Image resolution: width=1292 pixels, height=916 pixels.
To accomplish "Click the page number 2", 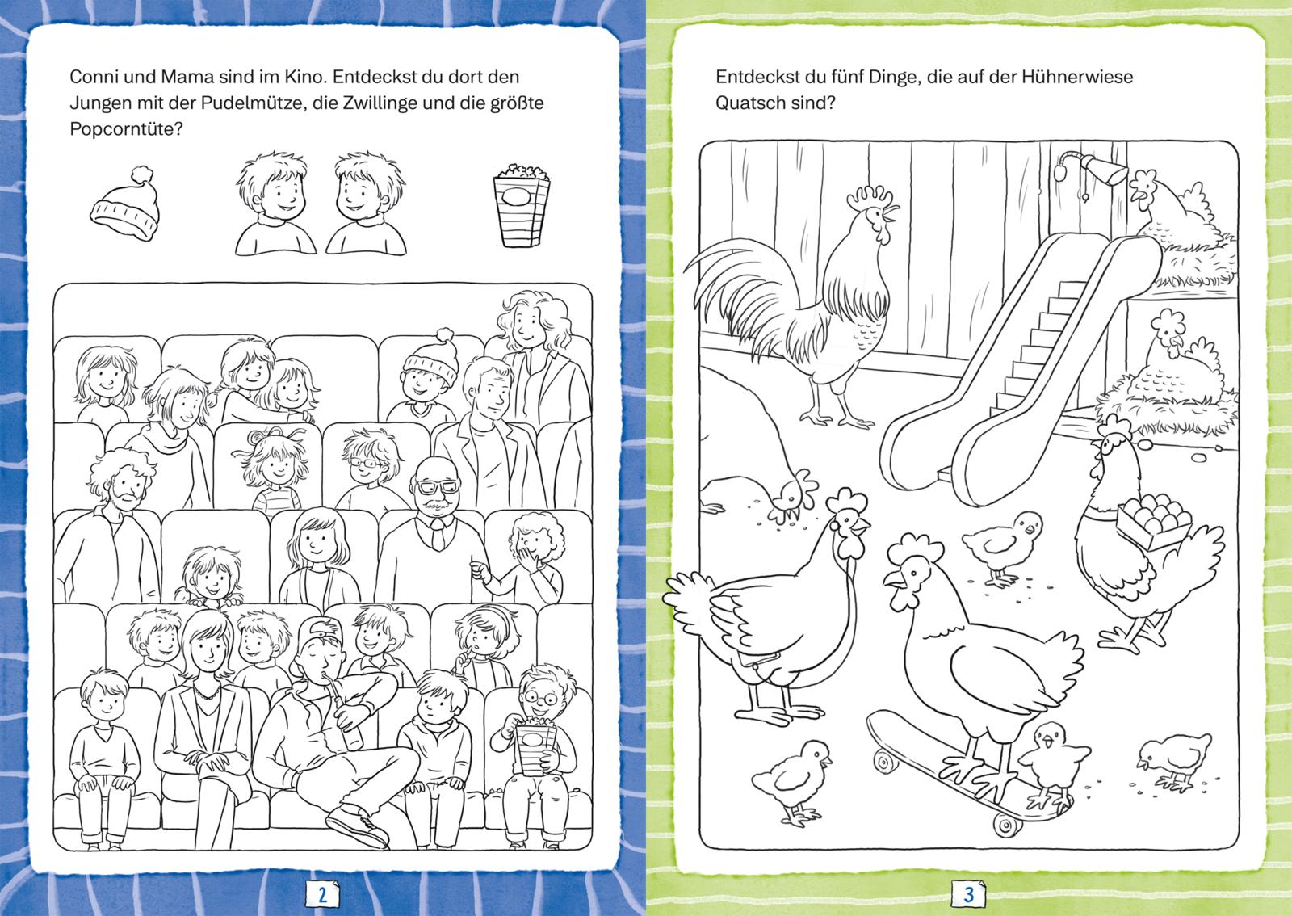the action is click(x=322, y=895).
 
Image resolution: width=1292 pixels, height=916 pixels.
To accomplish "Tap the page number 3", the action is click(x=969, y=895).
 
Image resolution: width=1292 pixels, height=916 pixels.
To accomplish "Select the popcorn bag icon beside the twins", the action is click(x=522, y=205).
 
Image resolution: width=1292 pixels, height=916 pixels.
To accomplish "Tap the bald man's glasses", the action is click(x=438, y=487).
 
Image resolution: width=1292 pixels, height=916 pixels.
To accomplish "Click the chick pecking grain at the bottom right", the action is click(x=1173, y=761).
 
